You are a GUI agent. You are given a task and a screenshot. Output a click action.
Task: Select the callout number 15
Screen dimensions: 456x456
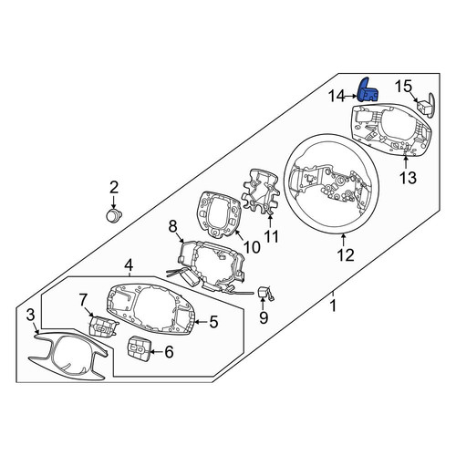[x=403, y=86]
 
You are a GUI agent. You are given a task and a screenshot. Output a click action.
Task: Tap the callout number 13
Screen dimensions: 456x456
[x=408, y=178]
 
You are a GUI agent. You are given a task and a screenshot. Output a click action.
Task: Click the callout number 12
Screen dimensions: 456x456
[x=346, y=254]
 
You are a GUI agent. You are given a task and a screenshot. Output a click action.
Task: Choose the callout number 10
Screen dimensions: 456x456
[x=252, y=247]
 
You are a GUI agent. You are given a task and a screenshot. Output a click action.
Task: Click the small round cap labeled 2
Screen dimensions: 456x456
[x=114, y=215]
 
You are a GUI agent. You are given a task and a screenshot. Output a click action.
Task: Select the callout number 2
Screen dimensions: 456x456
[x=113, y=187]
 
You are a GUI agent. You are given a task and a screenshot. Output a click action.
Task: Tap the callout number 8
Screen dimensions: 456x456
[x=172, y=226]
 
